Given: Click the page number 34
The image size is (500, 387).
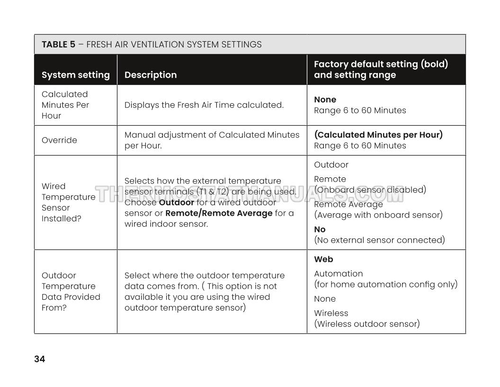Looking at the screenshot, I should pos(40,359).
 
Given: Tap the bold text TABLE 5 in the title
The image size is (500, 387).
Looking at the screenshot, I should pos(58,45).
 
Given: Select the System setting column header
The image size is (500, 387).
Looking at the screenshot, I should pos(76,75).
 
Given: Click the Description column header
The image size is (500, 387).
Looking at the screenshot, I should pos(151,75).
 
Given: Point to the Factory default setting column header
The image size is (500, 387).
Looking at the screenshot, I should pos(381,69).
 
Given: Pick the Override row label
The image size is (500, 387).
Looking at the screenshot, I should pos(59,140).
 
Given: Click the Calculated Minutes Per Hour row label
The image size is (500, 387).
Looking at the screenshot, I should pos(65,105).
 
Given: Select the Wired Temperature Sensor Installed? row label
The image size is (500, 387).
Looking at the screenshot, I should pos(68,203).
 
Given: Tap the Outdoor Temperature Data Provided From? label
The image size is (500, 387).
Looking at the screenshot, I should pos(71,291).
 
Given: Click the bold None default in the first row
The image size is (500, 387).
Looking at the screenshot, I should pos(325,100).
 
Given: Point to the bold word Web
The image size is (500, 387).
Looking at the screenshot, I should pos(323,259).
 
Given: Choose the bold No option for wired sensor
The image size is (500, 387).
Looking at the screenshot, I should pos(320,230).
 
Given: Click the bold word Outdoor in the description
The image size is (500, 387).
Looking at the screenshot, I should pos(177,203).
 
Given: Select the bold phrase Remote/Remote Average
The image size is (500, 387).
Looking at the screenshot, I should pos(219,213).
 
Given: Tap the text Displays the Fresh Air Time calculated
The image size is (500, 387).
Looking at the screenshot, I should pos(204,105).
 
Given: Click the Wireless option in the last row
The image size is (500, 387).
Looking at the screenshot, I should pos(331,313).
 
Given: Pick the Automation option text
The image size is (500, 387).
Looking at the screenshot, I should pos(339,274).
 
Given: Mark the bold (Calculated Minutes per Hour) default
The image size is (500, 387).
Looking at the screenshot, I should pos(378,135).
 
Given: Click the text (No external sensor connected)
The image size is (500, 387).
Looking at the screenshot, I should pos(379,240).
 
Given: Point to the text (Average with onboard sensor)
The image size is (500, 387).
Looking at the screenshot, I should pos(378,215).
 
